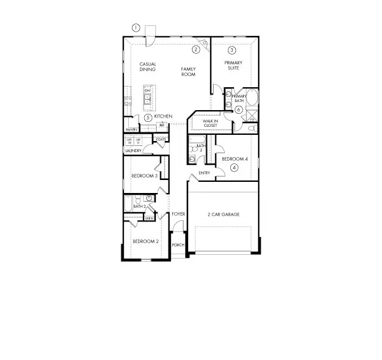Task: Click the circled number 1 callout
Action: pyautogui.click(x=136, y=27)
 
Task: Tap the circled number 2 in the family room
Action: pyautogui.click(x=195, y=49)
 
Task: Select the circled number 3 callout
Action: pyautogui.click(x=232, y=49)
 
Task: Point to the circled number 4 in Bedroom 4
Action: pyautogui.click(x=234, y=167)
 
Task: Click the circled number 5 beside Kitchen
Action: pyautogui.click(x=148, y=117)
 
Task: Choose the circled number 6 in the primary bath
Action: pyautogui.click(x=238, y=109)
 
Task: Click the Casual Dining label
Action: pyautogui.click(x=147, y=67)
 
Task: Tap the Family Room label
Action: pyautogui.click(x=188, y=72)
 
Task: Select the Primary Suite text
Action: pyautogui.click(x=233, y=65)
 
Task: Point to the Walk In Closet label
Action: pyautogui.click(x=203, y=123)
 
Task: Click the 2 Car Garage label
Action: pyautogui.click(x=223, y=215)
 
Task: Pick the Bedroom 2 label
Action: pyautogui.click(x=145, y=241)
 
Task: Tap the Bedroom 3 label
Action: pyautogui.click(x=144, y=176)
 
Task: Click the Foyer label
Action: pyautogui.click(x=179, y=214)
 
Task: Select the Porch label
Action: pyautogui.click(x=178, y=245)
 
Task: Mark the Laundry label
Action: pyautogui.click(x=134, y=150)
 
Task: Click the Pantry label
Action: pyautogui.click(x=131, y=129)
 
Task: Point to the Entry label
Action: pyautogui.click(x=204, y=173)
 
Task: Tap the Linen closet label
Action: pyautogui.click(x=149, y=218)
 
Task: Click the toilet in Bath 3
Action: pyautogui.click(x=193, y=158)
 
